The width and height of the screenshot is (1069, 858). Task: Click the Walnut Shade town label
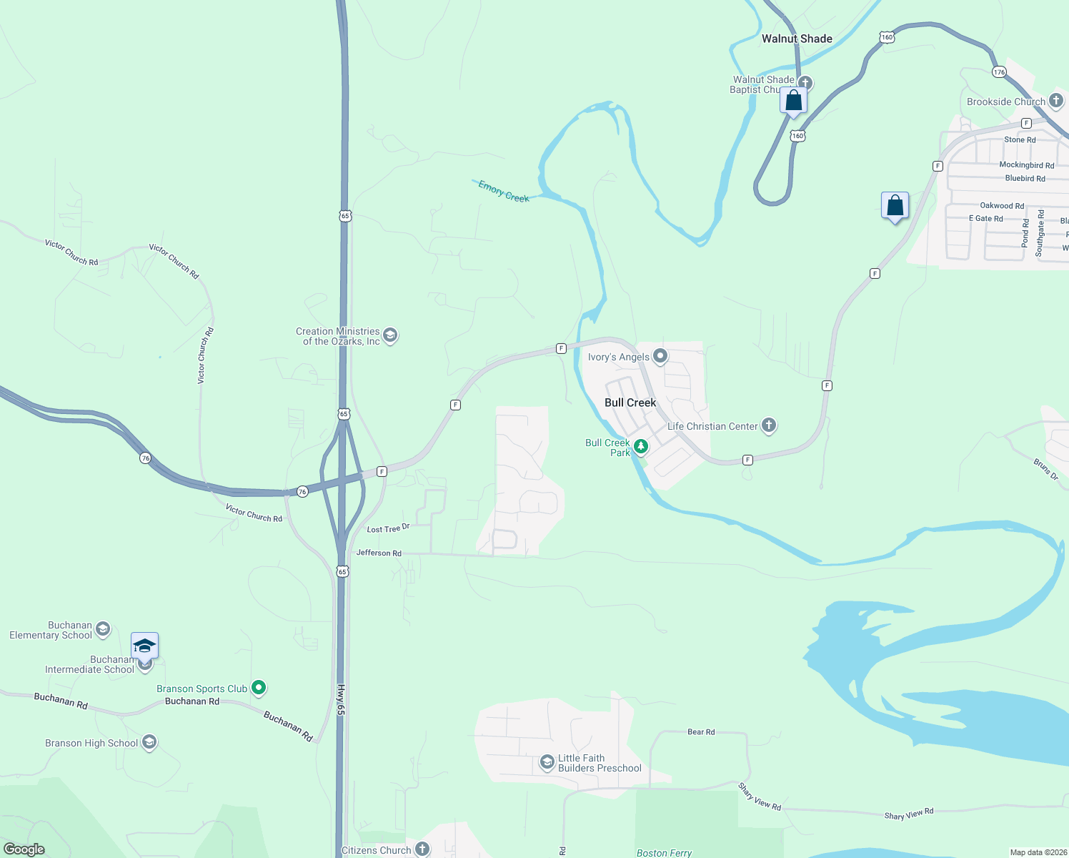pos(797,39)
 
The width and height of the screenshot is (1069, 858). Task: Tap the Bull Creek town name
pos(630,403)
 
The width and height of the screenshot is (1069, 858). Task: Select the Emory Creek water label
pos(504,192)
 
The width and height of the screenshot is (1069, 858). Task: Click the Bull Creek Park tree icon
pos(641,447)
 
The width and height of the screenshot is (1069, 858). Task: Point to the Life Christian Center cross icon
pos(769,425)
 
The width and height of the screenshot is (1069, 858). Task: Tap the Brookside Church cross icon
pos(1056,102)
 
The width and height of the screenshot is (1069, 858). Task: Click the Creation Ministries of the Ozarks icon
pos(390,335)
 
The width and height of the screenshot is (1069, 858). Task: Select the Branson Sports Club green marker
pos(259,688)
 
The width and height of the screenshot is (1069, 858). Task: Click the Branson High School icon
pos(149,742)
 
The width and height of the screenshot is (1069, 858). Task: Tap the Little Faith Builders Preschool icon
pos(547,763)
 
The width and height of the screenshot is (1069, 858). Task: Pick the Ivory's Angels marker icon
pos(660,356)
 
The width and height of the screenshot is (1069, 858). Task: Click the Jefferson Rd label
pos(379,553)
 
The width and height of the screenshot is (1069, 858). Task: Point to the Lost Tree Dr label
pos(388,528)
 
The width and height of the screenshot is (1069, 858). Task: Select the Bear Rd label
pos(700,731)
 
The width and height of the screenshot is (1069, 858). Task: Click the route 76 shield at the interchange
pos(302,492)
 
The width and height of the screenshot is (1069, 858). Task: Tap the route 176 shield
pos(999,71)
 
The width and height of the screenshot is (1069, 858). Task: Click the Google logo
pos(24,849)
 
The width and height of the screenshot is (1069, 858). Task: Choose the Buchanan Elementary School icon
pos(103,629)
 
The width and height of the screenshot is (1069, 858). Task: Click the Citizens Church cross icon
pos(422,849)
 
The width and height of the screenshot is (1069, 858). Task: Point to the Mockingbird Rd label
pos(1026,165)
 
